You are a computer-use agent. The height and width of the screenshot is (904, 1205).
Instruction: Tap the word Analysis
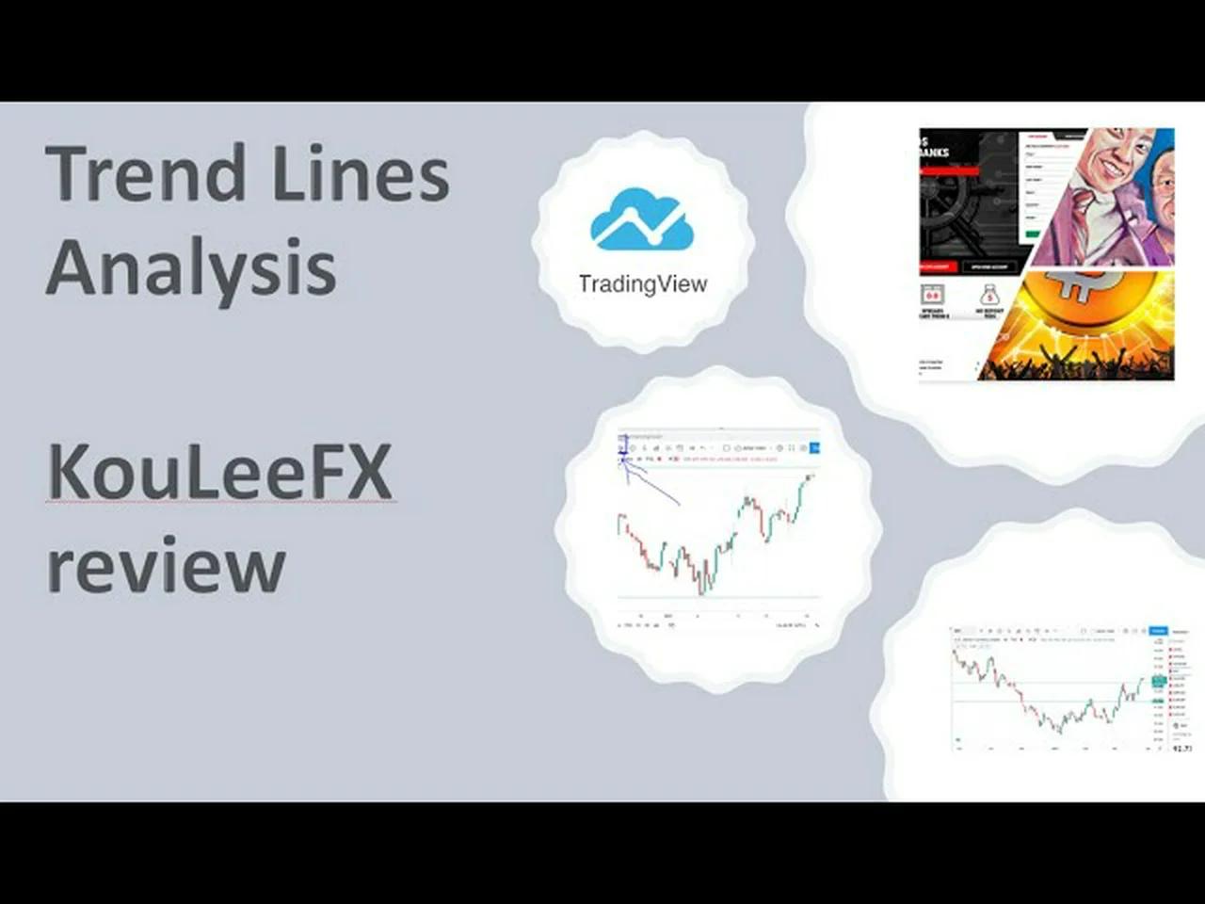pyautogui.click(x=190, y=267)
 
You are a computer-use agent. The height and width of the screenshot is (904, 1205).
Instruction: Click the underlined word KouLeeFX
pyautogui.click(x=219, y=472)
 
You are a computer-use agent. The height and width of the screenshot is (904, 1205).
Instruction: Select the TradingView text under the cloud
pyautogui.click(x=642, y=283)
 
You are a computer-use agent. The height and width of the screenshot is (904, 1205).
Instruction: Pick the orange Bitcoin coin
pyautogui.click(x=1083, y=301)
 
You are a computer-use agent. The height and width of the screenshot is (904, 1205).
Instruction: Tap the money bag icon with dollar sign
pyautogui.click(x=989, y=296)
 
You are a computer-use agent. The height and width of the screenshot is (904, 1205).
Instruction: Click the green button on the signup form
pyautogui.click(x=1033, y=234)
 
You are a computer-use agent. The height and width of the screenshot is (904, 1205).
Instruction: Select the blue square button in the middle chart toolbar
pyautogui.click(x=815, y=448)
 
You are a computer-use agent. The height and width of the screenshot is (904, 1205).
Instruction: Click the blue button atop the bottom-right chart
pyautogui.click(x=1158, y=631)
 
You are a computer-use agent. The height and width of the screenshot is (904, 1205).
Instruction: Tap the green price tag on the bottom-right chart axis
pyautogui.click(x=1158, y=680)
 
